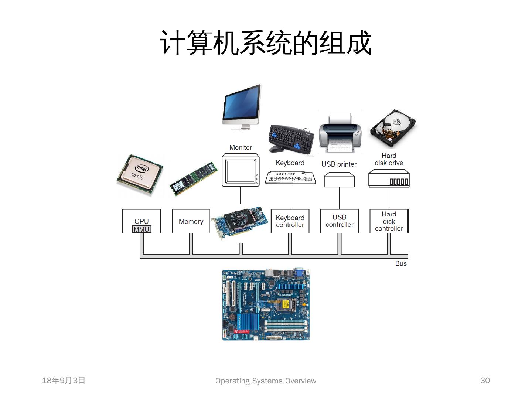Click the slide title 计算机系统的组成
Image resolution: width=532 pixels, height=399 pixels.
(266, 43)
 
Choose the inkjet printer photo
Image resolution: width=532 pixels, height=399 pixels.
(340, 133)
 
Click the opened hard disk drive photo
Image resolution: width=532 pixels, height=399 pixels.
(392, 127)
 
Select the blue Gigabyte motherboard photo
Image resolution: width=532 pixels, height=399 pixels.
(266, 305)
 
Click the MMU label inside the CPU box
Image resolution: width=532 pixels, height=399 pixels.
(141, 229)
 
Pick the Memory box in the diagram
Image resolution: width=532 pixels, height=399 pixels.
(191, 221)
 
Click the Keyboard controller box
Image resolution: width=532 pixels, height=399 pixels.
(290, 221)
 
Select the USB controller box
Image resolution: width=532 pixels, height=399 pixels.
(340, 221)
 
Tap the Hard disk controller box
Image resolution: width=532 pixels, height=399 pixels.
(389, 221)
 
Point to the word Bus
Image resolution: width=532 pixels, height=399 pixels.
(401, 263)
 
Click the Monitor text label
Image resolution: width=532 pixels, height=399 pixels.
(241, 147)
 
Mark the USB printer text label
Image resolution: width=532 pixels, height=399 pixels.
(339, 164)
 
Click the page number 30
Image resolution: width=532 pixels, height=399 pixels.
(485, 381)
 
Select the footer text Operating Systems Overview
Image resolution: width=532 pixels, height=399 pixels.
(266, 381)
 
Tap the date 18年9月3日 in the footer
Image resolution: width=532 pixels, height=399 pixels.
(64, 381)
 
